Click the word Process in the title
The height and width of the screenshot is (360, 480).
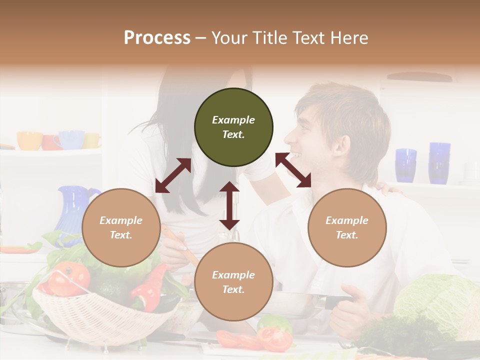tap(157, 37)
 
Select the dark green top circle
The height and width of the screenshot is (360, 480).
tap(233, 127)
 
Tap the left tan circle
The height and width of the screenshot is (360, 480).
tap(121, 227)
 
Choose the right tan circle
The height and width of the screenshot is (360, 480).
tap(347, 227)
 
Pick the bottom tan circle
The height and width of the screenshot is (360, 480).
tap(233, 282)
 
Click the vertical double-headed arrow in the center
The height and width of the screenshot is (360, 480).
tap(229, 205)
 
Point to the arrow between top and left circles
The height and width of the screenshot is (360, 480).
tap(173, 175)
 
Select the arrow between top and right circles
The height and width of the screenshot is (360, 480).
tap(293, 170)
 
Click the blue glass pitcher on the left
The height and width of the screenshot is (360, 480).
tap(72, 210)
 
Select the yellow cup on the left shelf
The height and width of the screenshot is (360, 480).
tap(29, 140)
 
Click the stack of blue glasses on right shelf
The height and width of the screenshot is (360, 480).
tap(439, 162)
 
